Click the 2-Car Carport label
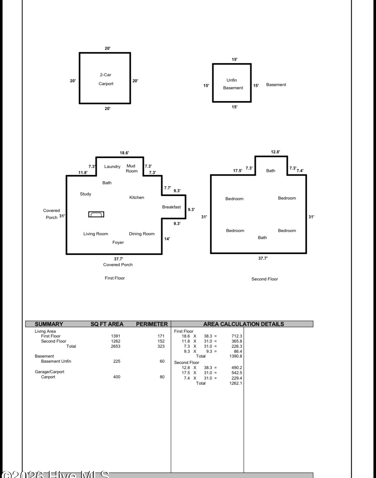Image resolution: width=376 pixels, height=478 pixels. tap(106, 79)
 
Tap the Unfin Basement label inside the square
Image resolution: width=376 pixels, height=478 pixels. tap(233, 84)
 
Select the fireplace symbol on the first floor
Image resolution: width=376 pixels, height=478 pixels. tap(96, 214)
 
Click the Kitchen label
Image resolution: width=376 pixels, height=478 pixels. tap(137, 197)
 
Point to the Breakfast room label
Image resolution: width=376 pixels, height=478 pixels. tap(171, 207)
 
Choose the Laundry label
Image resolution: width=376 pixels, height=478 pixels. tap(112, 167)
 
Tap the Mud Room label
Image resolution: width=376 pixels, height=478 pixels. tap(131, 169)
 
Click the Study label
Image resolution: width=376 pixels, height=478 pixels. tap(85, 194)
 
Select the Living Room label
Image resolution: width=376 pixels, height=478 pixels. tap(96, 234)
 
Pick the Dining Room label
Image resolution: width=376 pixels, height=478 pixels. tap(142, 234)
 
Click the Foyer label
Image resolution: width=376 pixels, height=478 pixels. tap(118, 243)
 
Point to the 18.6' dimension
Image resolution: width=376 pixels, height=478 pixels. tap(124, 153)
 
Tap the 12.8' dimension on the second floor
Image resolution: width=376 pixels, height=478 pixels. tap(276, 152)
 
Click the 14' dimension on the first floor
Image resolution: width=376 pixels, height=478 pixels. tap(167, 239)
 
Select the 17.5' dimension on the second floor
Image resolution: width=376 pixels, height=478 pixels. tap(238, 170)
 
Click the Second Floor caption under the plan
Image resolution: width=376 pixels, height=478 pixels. tap(265, 279)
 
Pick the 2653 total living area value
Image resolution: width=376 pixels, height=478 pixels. tap(115, 346)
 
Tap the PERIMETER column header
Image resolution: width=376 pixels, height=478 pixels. tap(152, 324)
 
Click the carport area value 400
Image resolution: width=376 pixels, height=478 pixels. tap(117, 377)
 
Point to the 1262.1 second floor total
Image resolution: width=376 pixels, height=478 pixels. tap(236, 383)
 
